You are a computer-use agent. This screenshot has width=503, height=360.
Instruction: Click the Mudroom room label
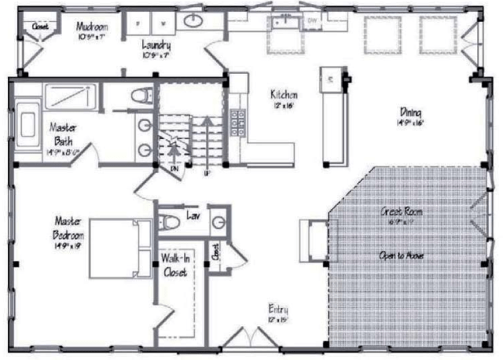(92, 26)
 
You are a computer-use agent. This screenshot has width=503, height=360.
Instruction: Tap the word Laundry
(156, 44)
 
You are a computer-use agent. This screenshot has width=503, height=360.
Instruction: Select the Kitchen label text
(284, 93)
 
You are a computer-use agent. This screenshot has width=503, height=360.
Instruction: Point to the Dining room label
(411, 112)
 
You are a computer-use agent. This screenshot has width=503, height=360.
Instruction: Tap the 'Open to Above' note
(402, 255)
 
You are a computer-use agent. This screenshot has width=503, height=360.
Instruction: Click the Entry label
(278, 308)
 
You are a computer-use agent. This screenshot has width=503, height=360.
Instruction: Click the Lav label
(193, 214)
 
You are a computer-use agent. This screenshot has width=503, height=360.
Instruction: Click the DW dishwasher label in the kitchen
(312, 20)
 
